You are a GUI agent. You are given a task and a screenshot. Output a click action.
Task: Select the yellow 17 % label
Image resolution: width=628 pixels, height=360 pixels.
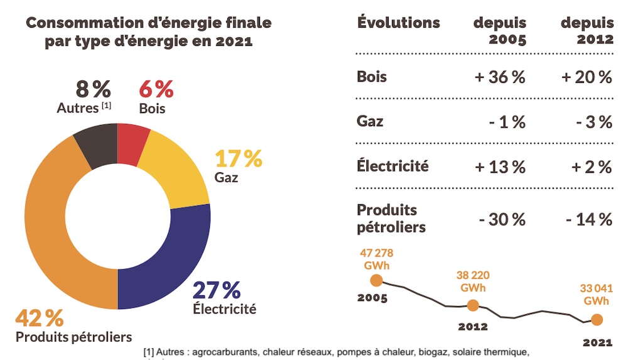pyautogui.click(x=239, y=159)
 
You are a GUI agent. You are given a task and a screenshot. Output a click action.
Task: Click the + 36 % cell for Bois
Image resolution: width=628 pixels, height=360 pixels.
pyautogui.click(x=500, y=78)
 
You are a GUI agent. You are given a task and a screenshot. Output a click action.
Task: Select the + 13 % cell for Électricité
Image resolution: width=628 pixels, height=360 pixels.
pyautogui.click(x=500, y=167)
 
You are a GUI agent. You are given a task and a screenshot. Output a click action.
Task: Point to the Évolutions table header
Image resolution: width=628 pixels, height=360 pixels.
pyautogui.click(x=399, y=23)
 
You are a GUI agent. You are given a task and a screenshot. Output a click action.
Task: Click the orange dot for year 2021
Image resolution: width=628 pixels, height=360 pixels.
pyautogui.click(x=597, y=320)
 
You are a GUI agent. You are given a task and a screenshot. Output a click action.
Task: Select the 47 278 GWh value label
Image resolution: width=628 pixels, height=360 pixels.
pyautogui.click(x=377, y=259)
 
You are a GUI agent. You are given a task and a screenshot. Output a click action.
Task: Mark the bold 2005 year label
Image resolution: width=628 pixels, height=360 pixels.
pyautogui.click(x=372, y=298)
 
